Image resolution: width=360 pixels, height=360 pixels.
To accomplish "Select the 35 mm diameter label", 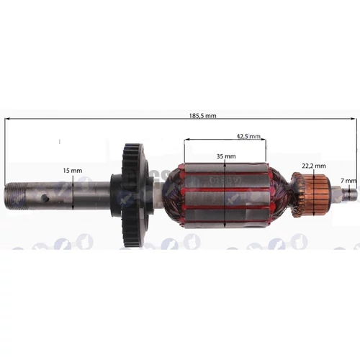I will (225, 156).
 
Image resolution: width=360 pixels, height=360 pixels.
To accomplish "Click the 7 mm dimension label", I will (350, 180).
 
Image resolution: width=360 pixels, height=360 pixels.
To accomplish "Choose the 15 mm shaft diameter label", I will (72, 170).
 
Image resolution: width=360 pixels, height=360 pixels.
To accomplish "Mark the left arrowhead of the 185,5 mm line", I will (8, 120).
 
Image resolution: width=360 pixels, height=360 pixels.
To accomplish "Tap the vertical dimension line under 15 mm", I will (72, 192).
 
